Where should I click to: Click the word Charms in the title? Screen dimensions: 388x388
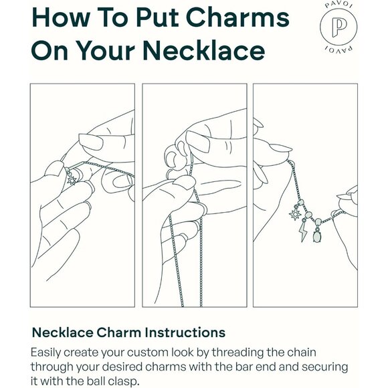[x=237, y=17]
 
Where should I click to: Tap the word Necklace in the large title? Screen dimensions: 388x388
[x=203, y=50]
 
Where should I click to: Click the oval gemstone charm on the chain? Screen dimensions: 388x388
[x=316, y=235]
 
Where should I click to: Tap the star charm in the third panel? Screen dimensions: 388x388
[x=295, y=214]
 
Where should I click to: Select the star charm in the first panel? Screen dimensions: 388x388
[x=72, y=180]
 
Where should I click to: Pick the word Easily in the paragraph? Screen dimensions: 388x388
[x=45, y=353]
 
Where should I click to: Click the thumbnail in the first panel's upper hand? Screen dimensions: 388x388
[x=90, y=142]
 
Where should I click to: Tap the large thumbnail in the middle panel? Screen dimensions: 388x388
[x=197, y=141]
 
